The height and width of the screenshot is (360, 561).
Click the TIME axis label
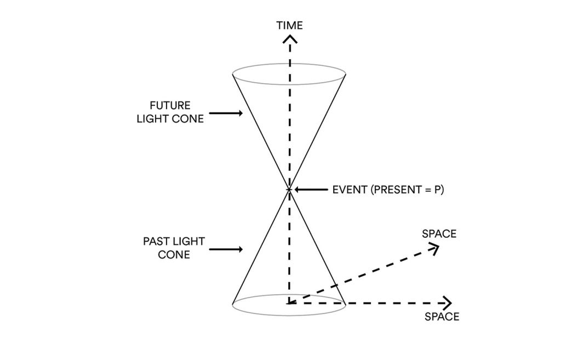[x=289, y=25]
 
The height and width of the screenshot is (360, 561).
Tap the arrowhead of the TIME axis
[x=290, y=39]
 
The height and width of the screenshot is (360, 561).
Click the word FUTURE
[x=170, y=106]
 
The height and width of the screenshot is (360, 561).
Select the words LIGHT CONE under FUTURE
[x=170, y=119]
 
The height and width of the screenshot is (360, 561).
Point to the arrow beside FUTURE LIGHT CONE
[x=226, y=113]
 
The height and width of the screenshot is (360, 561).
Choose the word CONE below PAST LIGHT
[x=174, y=255]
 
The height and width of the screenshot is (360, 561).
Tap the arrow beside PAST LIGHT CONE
[x=226, y=249]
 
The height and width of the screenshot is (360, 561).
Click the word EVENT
[x=350, y=190]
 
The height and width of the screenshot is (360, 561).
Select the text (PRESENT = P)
[x=407, y=190]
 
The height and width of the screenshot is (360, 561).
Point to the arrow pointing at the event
[x=311, y=190]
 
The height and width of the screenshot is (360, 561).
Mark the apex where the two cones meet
[x=289, y=190]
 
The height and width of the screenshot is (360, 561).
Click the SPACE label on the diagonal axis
[x=439, y=234]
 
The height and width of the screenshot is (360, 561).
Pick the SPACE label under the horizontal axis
[x=442, y=317]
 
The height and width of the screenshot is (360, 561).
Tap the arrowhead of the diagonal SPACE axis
[x=434, y=248]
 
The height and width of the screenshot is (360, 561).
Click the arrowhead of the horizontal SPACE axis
[x=448, y=304]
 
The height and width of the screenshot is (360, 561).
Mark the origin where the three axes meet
[x=289, y=304]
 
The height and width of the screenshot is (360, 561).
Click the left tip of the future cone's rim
[x=232, y=74]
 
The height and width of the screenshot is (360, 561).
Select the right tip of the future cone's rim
[x=346, y=74]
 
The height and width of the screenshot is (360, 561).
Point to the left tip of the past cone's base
[x=232, y=305]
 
